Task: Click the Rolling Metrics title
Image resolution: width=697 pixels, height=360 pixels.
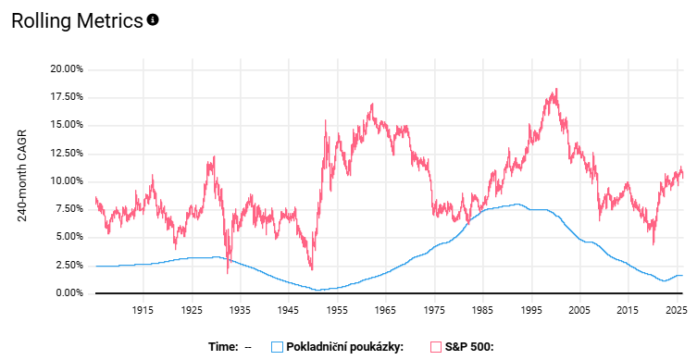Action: point(78,20)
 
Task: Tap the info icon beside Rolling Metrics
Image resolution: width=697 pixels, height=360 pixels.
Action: point(154,19)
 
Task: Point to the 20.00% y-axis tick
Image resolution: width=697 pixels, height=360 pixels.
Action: point(66,68)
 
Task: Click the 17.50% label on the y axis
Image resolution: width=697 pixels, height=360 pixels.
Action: point(66,96)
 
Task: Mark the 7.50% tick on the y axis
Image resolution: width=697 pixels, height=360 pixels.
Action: point(68,209)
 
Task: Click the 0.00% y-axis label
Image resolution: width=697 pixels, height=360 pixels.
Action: point(68,293)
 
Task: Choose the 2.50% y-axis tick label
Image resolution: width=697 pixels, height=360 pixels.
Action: point(68,266)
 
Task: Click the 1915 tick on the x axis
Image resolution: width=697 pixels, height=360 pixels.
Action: point(143,311)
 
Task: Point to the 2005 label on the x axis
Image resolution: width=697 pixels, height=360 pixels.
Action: point(579,311)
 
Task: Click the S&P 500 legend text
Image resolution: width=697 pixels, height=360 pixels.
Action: point(471,347)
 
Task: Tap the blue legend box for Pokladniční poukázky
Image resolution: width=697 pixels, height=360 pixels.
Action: point(277,347)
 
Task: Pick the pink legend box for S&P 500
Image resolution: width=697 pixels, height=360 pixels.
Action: point(434,347)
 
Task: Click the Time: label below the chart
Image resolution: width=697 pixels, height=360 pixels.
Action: point(222,347)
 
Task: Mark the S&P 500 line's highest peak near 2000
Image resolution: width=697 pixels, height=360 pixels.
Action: point(555,89)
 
